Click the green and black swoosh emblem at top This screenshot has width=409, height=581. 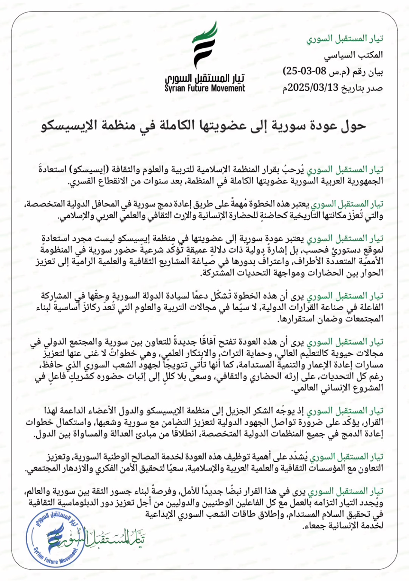coord(204,45)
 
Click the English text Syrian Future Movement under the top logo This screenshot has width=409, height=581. coord(204,89)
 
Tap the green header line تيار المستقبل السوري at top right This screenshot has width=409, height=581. coord(344,39)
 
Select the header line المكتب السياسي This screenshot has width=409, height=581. coord(353,55)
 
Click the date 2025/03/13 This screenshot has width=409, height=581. coord(313,88)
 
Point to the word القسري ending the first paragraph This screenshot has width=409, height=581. coord(81,182)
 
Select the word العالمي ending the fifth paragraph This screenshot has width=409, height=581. coord(305,388)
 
